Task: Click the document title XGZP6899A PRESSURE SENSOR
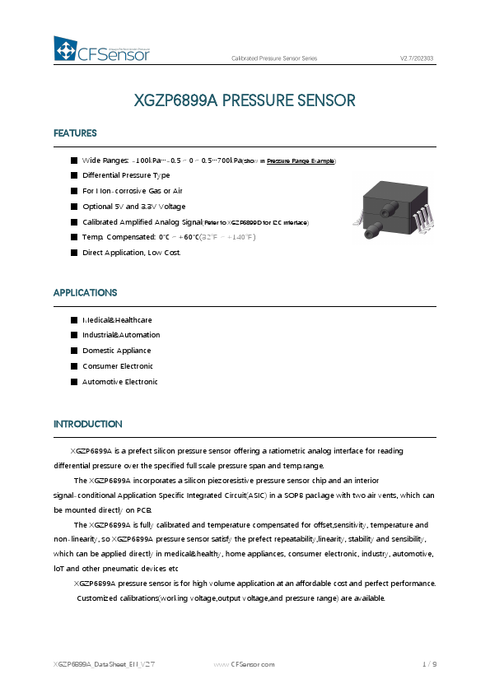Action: click(x=245, y=100)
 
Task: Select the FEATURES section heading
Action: click(x=75, y=133)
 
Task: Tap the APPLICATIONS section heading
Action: click(x=85, y=293)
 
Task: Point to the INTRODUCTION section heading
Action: click(x=87, y=424)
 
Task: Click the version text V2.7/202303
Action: click(x=417, y=58)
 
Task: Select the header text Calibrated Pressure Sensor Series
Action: click(x=274, y=58)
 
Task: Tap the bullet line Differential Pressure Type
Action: click(x=126, y=175)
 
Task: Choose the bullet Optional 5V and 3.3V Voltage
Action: click(x=133, y=206)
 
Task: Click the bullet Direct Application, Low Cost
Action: click(x=131, y=252)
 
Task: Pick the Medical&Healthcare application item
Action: click(x=117, y=319)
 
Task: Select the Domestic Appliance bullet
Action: click(x=117, y=351)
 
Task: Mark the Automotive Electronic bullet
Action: click(x=119, y=382)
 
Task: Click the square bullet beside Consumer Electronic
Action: click(x=73, y=366)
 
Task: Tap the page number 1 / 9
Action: click(x=428, y=663)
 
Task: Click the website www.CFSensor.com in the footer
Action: click(x=245, y=663)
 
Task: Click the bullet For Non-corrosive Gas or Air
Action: click(x=132, y=191)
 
